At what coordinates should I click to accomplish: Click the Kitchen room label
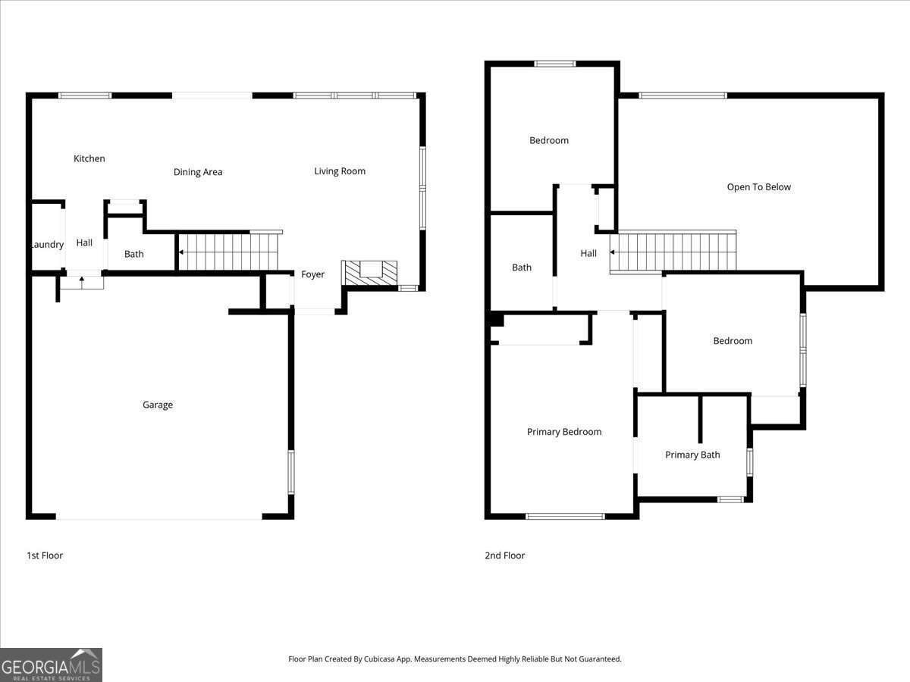click(x=89, y=158)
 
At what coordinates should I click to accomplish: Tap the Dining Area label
click(x=198, y=172)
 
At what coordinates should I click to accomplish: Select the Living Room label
click(x=340, y=171)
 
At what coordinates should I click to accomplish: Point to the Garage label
click(x=158, y=405)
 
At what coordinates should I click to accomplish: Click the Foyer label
click(x=312, y=274)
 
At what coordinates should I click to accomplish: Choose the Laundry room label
click(x=47, y=245)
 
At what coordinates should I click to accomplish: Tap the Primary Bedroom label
click(x=564, y=432)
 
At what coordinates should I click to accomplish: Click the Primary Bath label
click(x=692, y=455)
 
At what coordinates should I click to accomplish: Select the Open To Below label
click(x=758, y=187)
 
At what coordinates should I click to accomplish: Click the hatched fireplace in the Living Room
click(x=369, y=272)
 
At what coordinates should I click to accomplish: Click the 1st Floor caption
click(x=45, y=555)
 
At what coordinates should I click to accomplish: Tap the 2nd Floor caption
click(x=505, y=555)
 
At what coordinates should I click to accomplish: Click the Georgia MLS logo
click(x=51, y=665)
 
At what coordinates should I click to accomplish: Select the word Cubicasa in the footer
click(x=380, y=659)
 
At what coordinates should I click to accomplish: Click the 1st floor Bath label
click(x=134, y=254)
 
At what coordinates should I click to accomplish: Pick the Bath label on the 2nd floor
click(x=522, y=267)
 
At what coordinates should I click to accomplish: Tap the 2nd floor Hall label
click(x=588, y=254)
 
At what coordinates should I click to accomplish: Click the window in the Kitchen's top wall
click(x=85, y=95)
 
